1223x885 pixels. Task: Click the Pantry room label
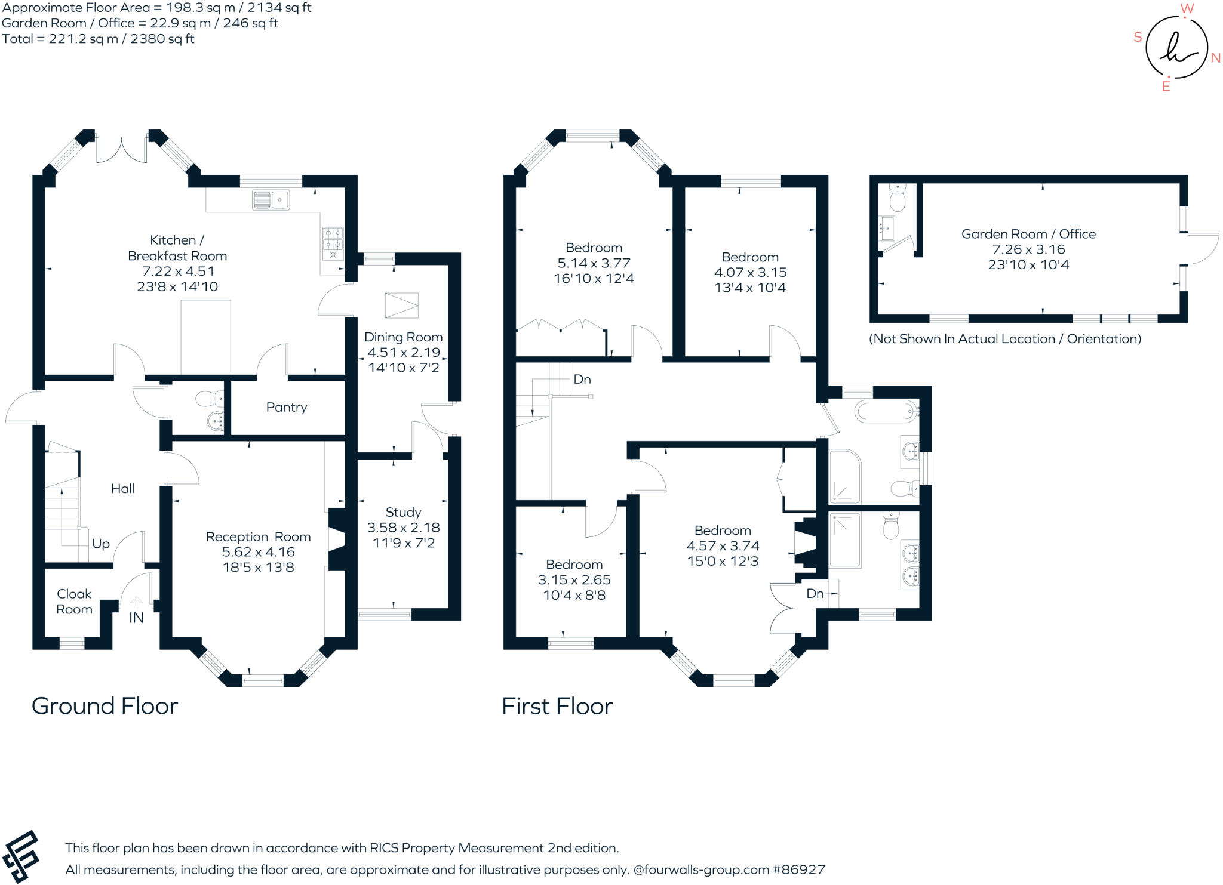287,408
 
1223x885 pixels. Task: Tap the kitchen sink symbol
271,200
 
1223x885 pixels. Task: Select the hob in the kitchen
333,243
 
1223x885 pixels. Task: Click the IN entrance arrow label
136,618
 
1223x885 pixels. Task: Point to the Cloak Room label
74,602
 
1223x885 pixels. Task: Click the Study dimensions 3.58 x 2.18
403,528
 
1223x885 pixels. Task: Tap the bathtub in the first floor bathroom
885,411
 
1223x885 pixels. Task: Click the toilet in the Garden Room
898,198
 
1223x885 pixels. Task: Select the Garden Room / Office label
1028,234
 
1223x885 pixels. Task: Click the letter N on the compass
1215,58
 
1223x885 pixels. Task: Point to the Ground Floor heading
105,706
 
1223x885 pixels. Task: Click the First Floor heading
557,707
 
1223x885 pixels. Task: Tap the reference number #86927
799,869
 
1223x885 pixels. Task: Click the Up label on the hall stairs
101,544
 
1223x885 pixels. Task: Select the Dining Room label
403,337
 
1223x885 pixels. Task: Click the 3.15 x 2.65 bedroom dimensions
574,580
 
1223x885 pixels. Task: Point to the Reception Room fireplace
337,539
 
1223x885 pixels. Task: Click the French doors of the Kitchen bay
122,150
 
